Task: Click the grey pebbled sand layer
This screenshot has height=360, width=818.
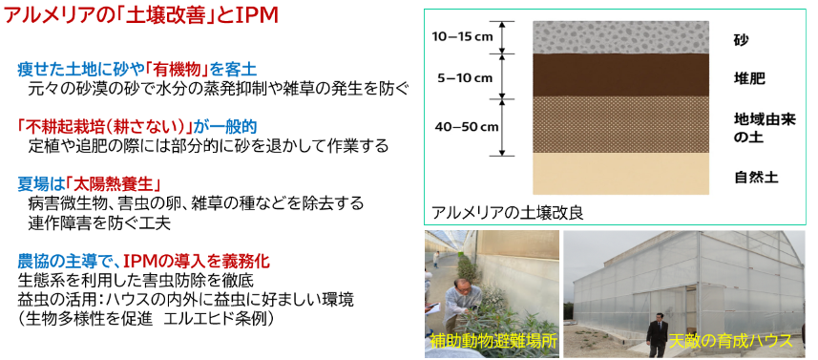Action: (x=620, y=36)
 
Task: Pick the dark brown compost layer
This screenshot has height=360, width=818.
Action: (x=620, y=74)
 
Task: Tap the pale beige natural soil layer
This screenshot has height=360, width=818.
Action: (x=620, y=174)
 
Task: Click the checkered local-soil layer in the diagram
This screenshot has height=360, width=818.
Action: (x=620, y=125)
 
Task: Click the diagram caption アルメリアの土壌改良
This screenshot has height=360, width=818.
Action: (x=507, y=213)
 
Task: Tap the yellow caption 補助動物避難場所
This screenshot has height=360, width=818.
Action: (x=493, y=342)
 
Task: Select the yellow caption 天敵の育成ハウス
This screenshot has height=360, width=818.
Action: (x=731, y=341)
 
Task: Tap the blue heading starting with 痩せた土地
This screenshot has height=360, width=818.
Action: (x=136, y=69)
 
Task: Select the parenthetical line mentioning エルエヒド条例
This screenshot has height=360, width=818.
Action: (x=146, y=318)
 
